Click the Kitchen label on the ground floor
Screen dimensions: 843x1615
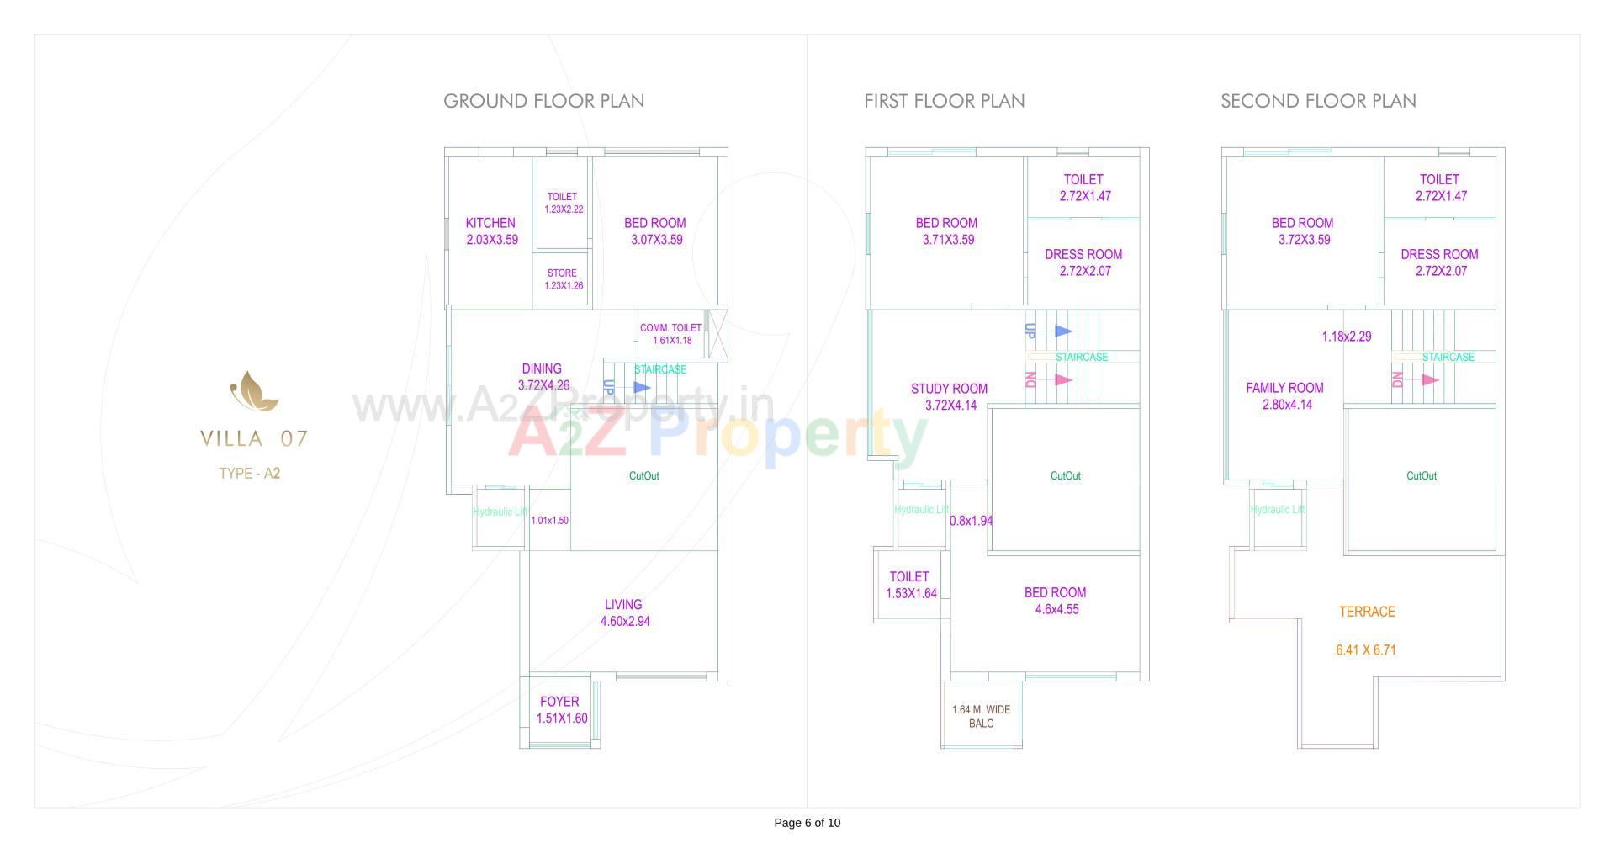click(x=490, y=224)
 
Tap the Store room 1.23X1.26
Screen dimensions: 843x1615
click(x=563, y=279)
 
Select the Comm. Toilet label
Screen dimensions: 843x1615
click(x=670, y=328)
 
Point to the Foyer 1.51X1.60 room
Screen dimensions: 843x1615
click(x=560, y=709)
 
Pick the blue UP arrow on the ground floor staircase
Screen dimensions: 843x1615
click(x=642, y=388)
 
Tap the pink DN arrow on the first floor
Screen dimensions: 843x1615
click(x=1063, y=380)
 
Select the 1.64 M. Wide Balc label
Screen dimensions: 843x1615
click(x=981, y=717)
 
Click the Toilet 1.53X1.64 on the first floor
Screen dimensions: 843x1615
click(x=910, y=585)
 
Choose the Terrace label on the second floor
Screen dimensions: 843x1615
click(x=1367, y=612)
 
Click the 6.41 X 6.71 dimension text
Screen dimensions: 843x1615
click(x=1366, y=650)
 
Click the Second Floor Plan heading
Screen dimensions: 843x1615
click(x=1318, y=101)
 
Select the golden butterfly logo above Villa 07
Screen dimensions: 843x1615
click(x=254, y=392)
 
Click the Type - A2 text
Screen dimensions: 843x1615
click(x=250, y=474)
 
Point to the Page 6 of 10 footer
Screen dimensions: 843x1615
click(x=807, y=823)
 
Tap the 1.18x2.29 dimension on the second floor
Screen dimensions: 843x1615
click(x=1346, y=337)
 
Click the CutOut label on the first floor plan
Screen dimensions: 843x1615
click(x=1065, y=476)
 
